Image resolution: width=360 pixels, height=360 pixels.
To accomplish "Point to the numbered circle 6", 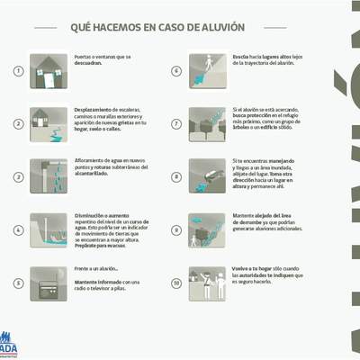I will click(176, 69).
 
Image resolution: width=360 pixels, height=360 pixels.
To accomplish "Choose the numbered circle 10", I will click(176, 283).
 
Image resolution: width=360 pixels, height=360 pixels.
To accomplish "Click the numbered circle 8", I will click(176, 175).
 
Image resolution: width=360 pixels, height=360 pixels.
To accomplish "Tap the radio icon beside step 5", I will click(47, 280).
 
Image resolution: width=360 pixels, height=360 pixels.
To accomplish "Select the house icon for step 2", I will click(47, 122).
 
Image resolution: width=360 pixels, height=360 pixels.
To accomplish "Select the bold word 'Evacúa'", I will click(241, 56).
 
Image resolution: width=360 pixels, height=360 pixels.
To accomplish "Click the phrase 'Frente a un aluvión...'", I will click(97, 269).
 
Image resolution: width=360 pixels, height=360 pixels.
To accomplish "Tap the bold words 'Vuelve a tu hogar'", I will click(254, 268).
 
